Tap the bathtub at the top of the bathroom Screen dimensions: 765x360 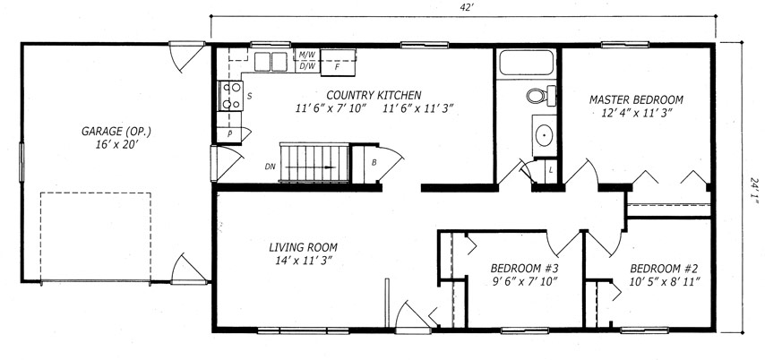(x=527, y=63)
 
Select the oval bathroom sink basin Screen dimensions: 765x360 (x=544, y=135)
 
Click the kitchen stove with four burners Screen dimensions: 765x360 (x=230, y=96)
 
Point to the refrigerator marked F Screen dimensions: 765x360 (x=338, y=63)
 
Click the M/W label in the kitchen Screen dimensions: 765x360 (x=307, y=55)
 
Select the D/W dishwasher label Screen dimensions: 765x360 (x=307, y=66)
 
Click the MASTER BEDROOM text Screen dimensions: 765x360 (x=636, y=100)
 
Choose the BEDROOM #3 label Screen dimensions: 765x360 (x=524, y=269)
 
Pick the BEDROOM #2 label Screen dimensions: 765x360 (x=664, y=269)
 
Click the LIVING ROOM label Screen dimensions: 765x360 (x=303, y=247)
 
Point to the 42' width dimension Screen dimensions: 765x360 (x=463, y=7)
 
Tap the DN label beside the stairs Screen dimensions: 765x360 (x=271, y=167)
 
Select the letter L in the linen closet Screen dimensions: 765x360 (x=550, y=170)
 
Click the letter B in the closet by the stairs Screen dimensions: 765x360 (x=374, y=163)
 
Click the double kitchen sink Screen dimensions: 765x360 (x=271, y=62)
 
